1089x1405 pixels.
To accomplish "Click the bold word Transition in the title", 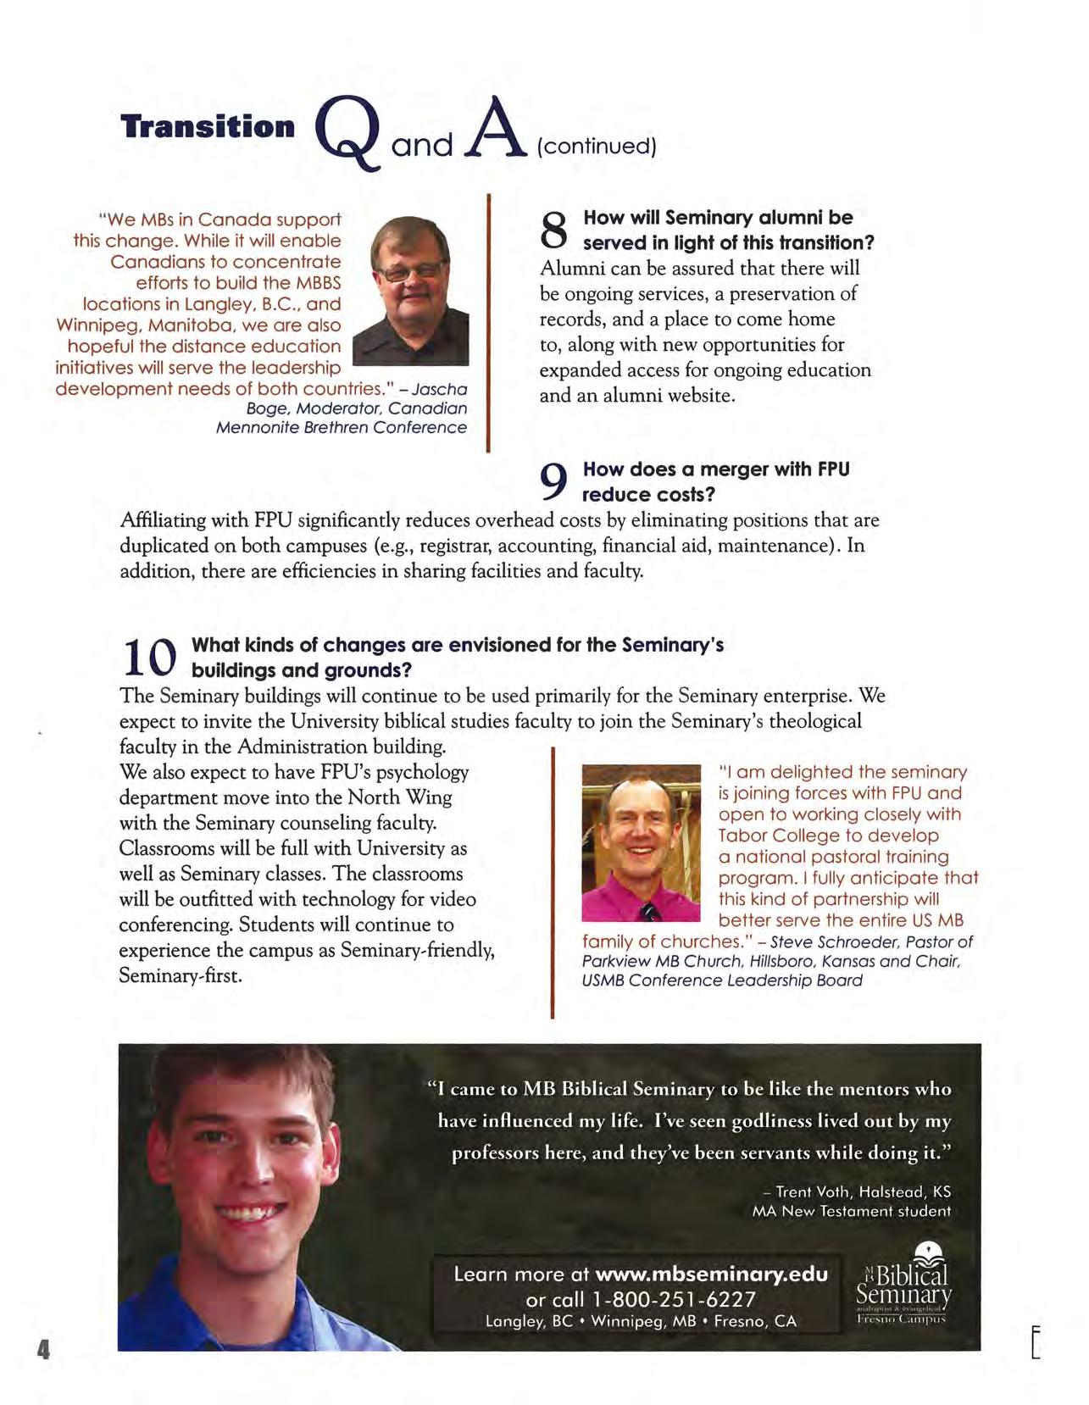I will pyautogui.click(x=208, y=127).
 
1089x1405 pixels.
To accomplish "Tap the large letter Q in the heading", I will pyautogui.click(x=348, y=136).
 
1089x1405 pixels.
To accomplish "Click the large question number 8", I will pyautogui.click(x=553, y=230).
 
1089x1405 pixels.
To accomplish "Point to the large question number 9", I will pyautogui.click(x=553, y=481).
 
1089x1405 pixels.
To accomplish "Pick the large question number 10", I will pyautogui.click(x=149, y=657).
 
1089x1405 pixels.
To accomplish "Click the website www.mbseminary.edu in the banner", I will pyautogui.click(x=711, y=1274).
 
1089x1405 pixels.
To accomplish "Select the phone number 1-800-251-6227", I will pyautogui.click(x=673, y=1299).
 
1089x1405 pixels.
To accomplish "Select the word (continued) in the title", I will pyautogui.click(x=597, y=147).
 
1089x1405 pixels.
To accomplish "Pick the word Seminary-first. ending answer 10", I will pyautogui.click(x=181, y=975).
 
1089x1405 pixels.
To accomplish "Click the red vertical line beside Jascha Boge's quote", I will pyautogui.click(x=489, y=322).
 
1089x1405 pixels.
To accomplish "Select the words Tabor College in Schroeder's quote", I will pyautogui.click(x=772, y=836).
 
